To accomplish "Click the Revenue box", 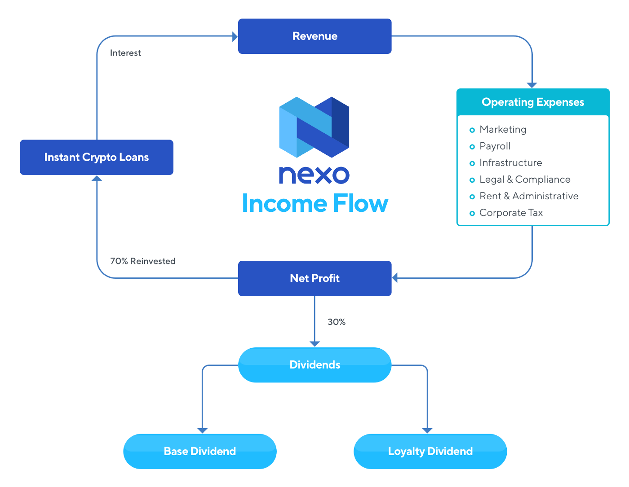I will point(314,36).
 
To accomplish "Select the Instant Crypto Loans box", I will point(97,157).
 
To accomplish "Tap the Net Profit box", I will point(314,278).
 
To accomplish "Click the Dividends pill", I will point(314,365).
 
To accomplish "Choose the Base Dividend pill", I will point(200,452).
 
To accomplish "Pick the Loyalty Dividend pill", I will point(430,452).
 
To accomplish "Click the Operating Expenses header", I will point(533,102).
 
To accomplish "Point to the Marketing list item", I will point(503,130).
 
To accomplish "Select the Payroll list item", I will point(495,146).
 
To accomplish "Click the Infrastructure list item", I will point(510,163).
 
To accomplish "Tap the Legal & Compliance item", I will point(525,180).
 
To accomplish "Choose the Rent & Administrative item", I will point(529,196).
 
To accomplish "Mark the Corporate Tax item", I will point(511,213).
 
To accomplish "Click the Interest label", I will point(125,53).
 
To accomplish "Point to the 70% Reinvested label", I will point(143,261).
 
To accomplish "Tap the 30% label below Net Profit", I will point(337,322).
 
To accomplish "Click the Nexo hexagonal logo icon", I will point(314,127).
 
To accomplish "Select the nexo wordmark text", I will point(314,175).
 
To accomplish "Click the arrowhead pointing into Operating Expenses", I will point(532,85).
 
